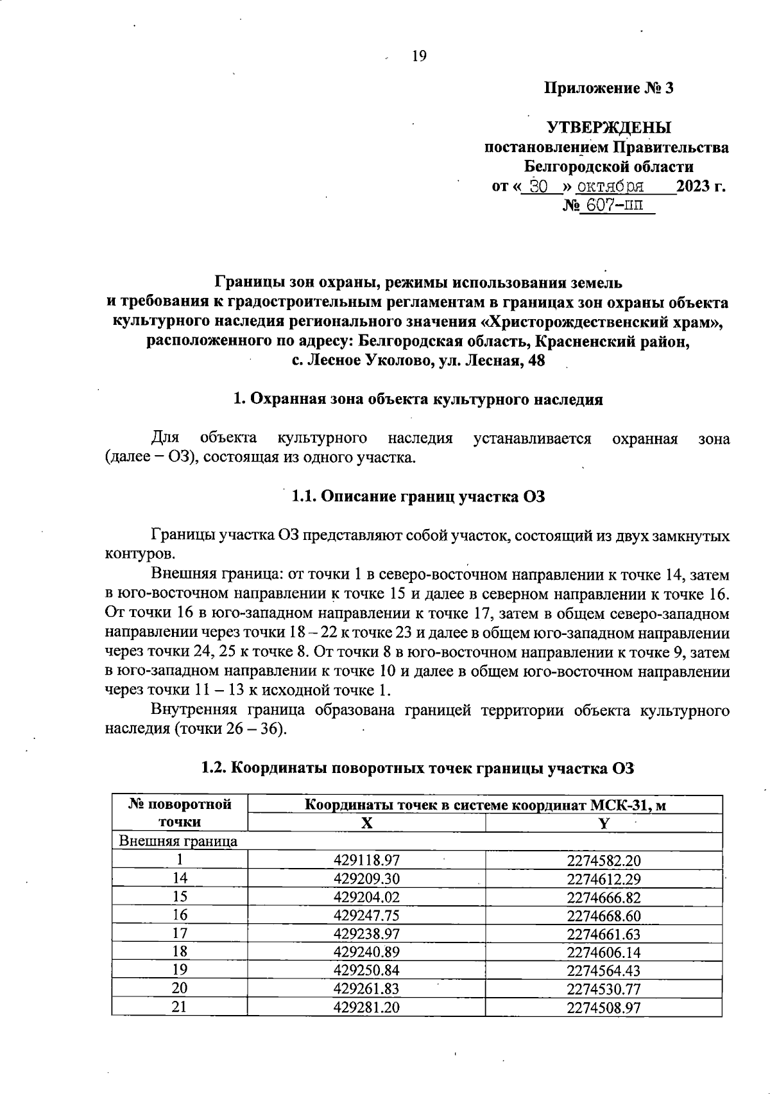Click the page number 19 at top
click(418, 56)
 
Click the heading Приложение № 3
click(608, 88)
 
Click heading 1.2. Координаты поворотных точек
click(418, 767)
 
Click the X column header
click(366, 824)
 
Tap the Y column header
click(603, 824)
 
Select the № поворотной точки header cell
click(180, 813)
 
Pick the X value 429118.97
click(366, 860)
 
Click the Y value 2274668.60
click(603, 916)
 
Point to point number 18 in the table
click(180, 952)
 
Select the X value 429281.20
click(366, 1007)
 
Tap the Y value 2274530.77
click(603, 989)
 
